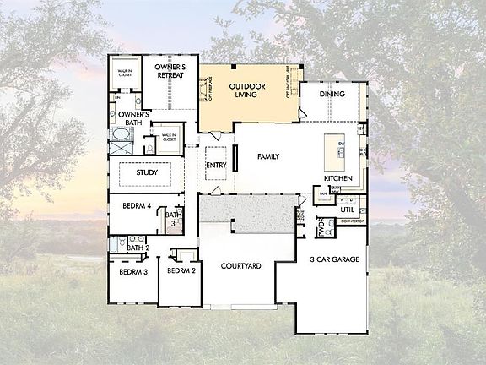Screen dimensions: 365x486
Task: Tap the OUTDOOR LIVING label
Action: [x=248, y=91]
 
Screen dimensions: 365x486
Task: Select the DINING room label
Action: [x=332, y=94]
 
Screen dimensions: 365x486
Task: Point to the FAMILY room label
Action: [x=269, y=156]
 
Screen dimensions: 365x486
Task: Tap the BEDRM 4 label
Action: [x=136, y=206]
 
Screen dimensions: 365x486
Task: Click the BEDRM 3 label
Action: [x=133, y=272]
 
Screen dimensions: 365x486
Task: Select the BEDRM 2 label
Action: [x=181, y=271]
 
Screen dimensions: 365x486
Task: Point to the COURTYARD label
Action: [x=240, y=266]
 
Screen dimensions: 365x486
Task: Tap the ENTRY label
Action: [x=217, y=165]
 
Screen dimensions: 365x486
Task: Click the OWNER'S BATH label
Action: [x=133, y=119]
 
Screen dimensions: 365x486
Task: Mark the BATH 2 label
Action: [x=138, y=248]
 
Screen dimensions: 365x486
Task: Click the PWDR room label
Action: [x=321, y=227]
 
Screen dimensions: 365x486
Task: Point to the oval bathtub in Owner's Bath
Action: [x=116, y=144]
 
